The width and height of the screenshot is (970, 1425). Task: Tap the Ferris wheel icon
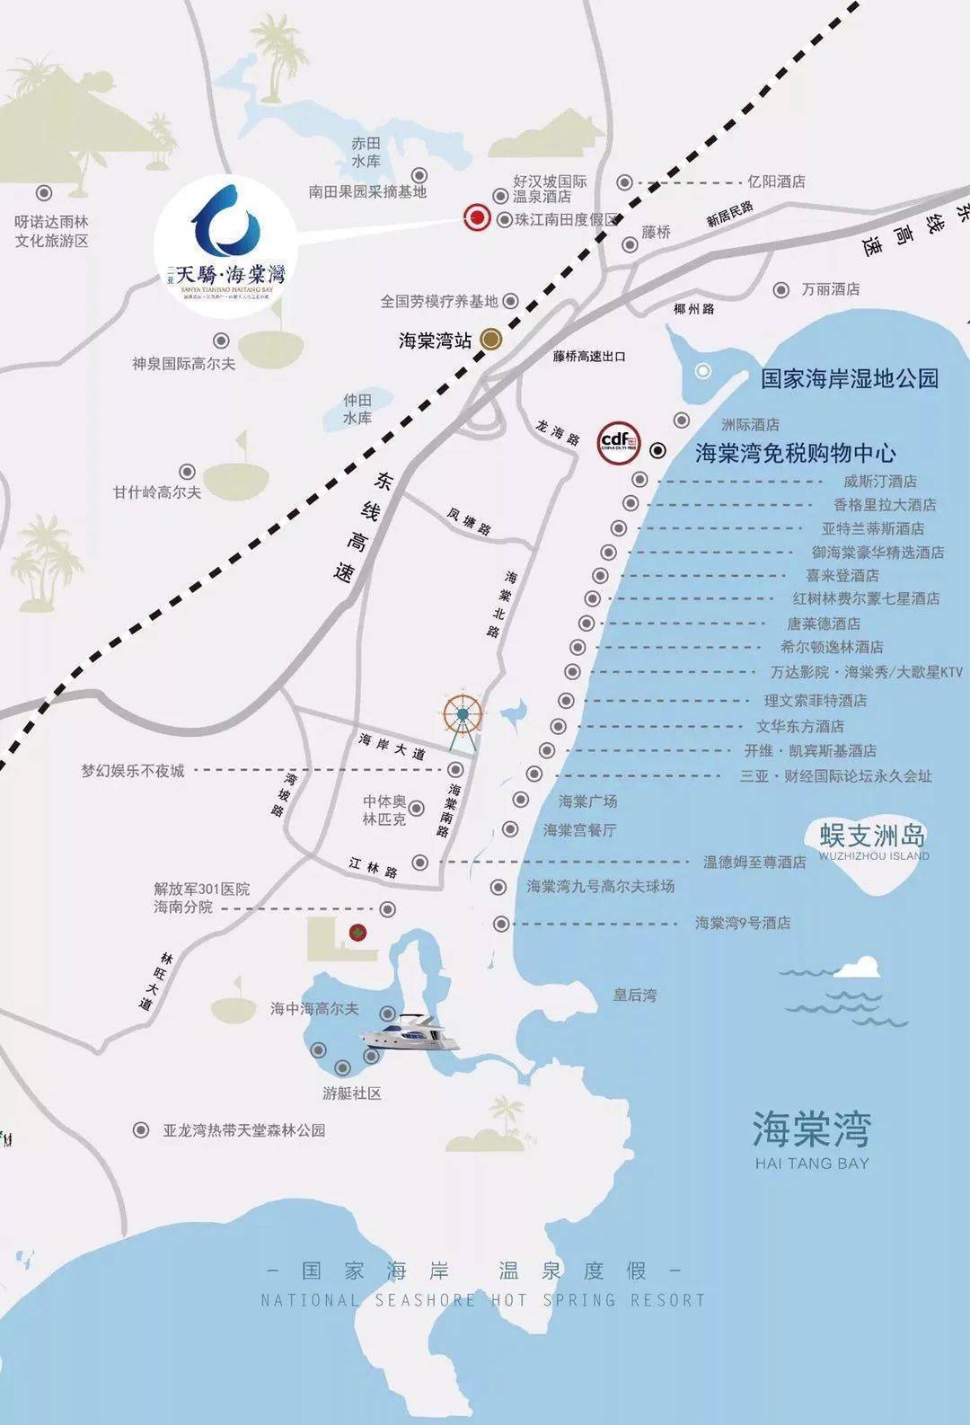point(463,716)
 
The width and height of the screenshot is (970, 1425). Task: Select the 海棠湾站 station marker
point(490,339)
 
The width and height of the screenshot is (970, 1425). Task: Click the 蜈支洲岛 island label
point(872,836)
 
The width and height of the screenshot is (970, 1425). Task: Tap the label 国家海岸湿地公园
point(850,378)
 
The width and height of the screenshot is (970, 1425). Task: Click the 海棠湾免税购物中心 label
point(796,453)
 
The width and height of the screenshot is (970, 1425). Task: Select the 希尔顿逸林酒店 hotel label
point(832,647)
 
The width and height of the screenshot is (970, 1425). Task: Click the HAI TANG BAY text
point(812,1163)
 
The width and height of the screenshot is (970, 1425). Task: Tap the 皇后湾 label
point(635,995)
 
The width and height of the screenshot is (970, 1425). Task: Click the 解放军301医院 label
point(201,890)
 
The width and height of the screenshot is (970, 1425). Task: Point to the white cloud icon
point(855,968)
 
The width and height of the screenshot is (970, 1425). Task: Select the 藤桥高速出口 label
point(589,357)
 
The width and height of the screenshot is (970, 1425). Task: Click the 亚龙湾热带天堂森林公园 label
point(243,1130)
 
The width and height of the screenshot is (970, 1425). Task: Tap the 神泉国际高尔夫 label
point(184,364)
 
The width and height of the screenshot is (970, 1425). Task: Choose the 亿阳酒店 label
point(777,181)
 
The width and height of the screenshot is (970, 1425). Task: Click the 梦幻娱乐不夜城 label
point(133,770)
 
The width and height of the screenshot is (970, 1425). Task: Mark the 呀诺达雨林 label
point(52,221)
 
